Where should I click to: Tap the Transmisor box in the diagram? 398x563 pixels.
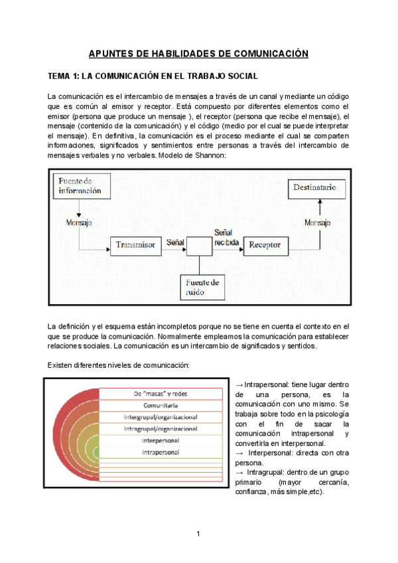136,245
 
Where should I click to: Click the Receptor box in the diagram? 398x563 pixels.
265,245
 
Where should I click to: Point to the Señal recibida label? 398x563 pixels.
223,237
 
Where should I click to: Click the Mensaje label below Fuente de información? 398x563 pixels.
79,222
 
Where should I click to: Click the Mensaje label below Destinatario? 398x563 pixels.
317,222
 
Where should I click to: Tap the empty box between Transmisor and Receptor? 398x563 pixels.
199,245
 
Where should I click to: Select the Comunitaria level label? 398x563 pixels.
160,405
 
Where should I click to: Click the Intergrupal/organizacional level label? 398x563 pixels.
160,417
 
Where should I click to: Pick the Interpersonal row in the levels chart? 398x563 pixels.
160,440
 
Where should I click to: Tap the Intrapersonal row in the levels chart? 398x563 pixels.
160,452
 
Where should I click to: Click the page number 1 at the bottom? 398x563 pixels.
198,534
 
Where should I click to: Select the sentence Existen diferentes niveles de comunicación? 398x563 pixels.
119,365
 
